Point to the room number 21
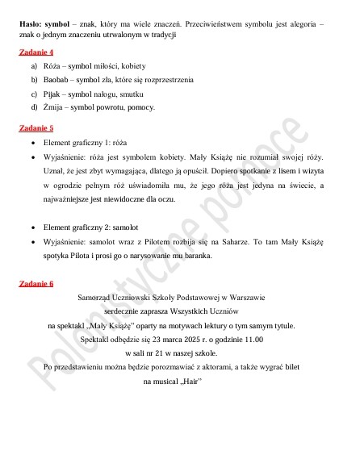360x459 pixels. (156, 353)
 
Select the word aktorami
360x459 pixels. (210, 368)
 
